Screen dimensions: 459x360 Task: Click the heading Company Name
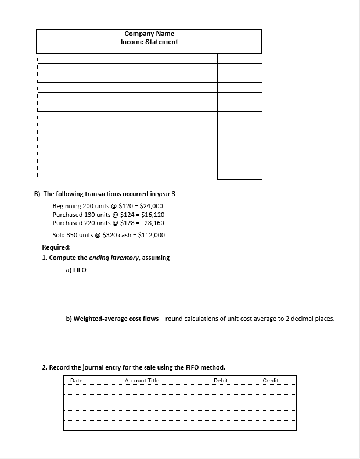[149, 34]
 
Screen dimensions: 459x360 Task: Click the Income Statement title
[149, 42]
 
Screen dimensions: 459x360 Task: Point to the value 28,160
[154, 223]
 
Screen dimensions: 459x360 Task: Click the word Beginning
[67, 207]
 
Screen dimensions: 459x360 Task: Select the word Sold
[59, 235]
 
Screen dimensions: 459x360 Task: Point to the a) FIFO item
[76, 270]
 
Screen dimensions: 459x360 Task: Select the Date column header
[76, 381]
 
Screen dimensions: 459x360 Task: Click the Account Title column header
[142, 381]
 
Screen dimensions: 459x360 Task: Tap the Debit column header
[221, 381]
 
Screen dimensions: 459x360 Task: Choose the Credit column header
[271, 381]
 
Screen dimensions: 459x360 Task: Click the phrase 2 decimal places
[311, 319]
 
